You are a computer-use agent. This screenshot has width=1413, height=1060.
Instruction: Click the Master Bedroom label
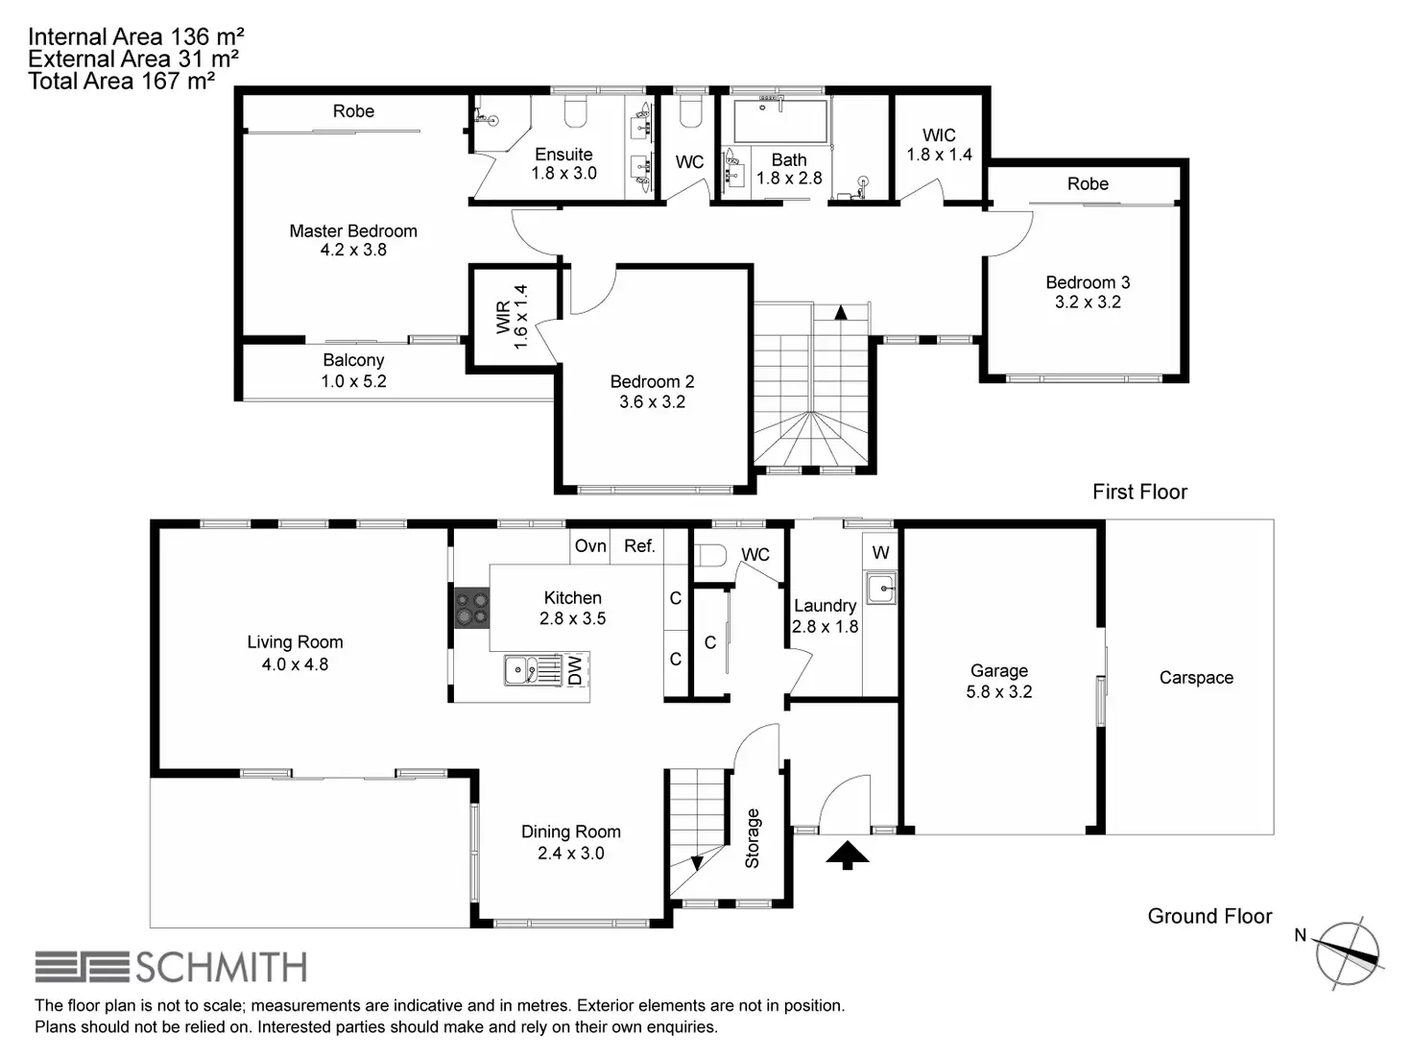pyautogui.click(x=353, y=231)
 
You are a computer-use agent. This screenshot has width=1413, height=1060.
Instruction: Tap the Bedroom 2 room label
pyautogui.click(x=652, y=382)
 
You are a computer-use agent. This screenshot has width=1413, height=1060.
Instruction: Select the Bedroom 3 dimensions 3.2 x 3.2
pyautogui.click(x=1088, y=301)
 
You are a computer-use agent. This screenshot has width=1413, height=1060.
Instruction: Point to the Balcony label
pyautogui.click(x=353, y=361)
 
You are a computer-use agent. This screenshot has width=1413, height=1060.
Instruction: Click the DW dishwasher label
pyautogui.click(x=575, y=670)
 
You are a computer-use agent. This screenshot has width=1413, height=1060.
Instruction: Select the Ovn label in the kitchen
pyautogui.click(x=590, y=546)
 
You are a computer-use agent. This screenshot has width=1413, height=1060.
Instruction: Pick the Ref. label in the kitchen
pyautogui.click(x=639, y=546)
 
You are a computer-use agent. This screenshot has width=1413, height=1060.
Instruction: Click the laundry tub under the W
pyautogui.click(x=881, y=587)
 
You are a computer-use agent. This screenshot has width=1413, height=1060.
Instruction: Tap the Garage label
pyautogui.click(x=999, y=671)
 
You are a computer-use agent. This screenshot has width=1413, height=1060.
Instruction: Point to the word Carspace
pyautogui.click(x=1196, y=678)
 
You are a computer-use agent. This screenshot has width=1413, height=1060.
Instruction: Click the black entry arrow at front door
pyautogui.click(x=848, y=855)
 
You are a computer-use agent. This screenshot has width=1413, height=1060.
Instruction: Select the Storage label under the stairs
pyautogui.click(x=753, y=838)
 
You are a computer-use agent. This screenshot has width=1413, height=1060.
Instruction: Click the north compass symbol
pyautogui.click(x=1348, y=953)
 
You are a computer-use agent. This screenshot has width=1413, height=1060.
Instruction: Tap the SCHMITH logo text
pyautogui.click(x=221, y=968)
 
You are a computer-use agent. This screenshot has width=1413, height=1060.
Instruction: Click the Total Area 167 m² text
pyautogui.click(x=121, y=82)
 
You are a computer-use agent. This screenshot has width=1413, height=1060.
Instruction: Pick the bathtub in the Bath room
pyautogui.click(x=779, y=121)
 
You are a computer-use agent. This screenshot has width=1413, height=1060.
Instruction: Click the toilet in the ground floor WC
pyautogui.click(x=710, y=556)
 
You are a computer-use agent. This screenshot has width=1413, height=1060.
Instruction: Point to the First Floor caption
pyautogui.click(x=1139, y=493)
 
